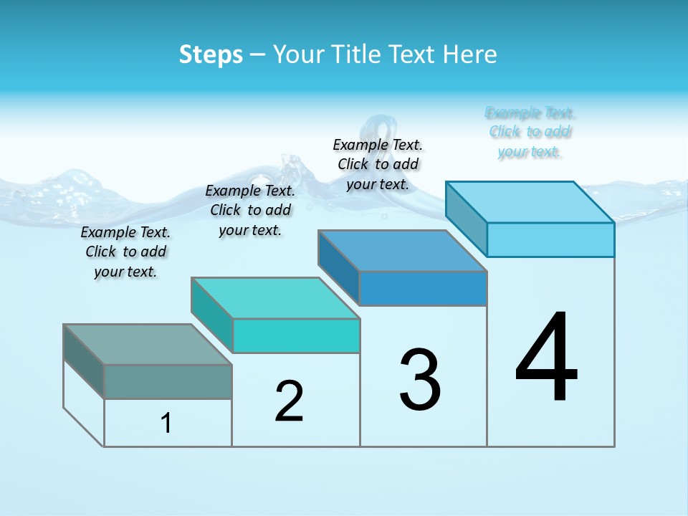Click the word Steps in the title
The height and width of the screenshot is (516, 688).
click(211, 54)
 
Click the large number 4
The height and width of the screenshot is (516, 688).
click(547, 358)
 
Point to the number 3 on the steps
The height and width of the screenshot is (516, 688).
click(420, 380)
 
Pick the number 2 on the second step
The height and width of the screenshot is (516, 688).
click(289, 401)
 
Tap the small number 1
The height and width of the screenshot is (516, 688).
click(166, 423)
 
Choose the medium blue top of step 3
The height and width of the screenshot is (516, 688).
click(402, 251)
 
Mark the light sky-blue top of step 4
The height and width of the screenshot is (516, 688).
click(530, 202)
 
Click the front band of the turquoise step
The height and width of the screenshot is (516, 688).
click(296, 335)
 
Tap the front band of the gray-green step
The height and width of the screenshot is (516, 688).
click(168, 382)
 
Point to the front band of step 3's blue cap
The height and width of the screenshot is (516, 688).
click(423, 289)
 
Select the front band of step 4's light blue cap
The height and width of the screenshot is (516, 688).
click(550, 239)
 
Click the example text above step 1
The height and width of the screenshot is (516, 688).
click(125, 252)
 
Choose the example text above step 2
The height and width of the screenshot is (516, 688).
click(250, 210)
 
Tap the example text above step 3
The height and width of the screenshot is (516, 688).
click(378, 164)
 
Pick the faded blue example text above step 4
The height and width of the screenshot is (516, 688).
click(530, 132)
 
